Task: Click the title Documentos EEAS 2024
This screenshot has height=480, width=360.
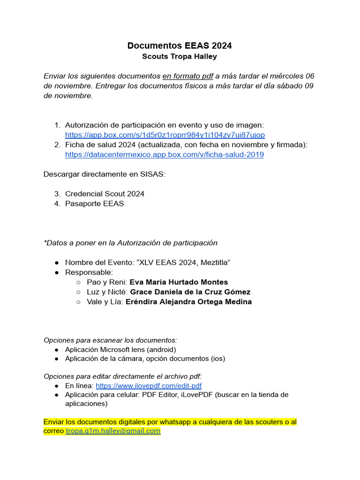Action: tap(180, 45)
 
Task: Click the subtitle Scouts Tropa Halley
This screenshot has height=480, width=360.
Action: tap(180, 57)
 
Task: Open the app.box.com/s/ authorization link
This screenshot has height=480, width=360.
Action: tap(165, 135)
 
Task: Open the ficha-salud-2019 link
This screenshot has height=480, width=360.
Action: tap(164, 155)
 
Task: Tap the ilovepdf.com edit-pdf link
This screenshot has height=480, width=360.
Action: tap(149, 386)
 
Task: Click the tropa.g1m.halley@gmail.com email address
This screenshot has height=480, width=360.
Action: tap(113, 431)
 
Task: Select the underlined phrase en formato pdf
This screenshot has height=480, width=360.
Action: tap(187, 76)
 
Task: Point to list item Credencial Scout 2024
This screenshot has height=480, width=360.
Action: tap(105, 194)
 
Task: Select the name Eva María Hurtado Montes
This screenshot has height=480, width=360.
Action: tap(179, 282)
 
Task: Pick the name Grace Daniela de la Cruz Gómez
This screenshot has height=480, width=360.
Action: tap(190, 292)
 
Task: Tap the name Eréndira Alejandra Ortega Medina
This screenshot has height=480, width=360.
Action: tap(188, 302)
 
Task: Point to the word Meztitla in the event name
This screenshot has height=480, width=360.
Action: tap(211, 262)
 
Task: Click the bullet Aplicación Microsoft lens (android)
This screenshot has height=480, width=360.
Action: tap(120, 350)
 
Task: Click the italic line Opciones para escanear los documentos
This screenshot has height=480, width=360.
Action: tap(110, 340)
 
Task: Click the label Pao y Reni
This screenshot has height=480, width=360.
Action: tap(107, 282)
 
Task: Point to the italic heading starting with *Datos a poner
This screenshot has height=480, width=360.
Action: tap(130, 243)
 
